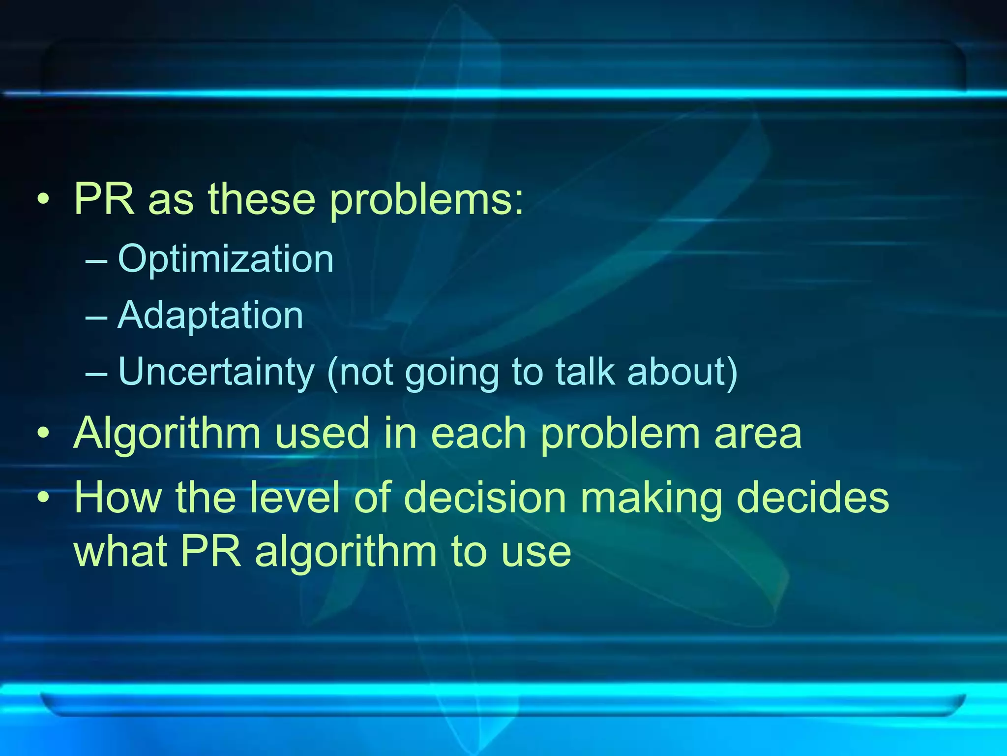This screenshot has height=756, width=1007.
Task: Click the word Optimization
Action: click(x=226, y=259)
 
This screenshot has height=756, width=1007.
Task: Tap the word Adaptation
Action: click(x=210, y=315)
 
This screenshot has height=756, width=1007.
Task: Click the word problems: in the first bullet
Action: click(x=426, y=200)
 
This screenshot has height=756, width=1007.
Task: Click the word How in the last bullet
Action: click(x=118, y=498)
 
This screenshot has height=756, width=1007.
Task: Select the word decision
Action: click(x=484, y=498)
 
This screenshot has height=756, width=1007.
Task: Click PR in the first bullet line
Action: click(x=104, y=199)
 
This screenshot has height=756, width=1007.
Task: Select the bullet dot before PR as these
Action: click(x=43, y=200)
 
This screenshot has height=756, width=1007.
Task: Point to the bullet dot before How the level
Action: click(x=43, y=498)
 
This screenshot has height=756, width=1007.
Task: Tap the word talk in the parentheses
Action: click(x=585, y=372)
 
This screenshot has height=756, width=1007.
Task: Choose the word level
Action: click(x=295, y=498)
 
